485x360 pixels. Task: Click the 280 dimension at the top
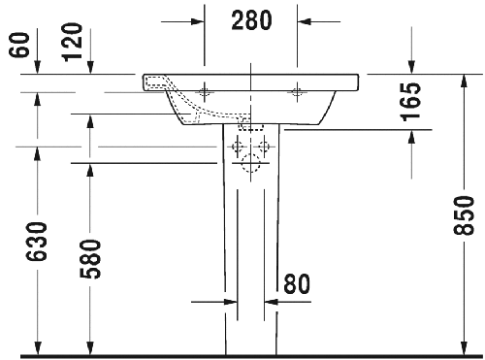pos(250,19)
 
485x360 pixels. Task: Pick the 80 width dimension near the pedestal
pos(297,283)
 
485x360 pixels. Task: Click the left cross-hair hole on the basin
pos(206,91)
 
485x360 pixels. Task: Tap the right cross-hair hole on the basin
pos(296,91)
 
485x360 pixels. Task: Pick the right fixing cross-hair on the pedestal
pos(265,147)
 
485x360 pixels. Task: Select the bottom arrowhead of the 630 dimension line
pos(38,347)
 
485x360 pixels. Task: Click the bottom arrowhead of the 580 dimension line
pos(90,347)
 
